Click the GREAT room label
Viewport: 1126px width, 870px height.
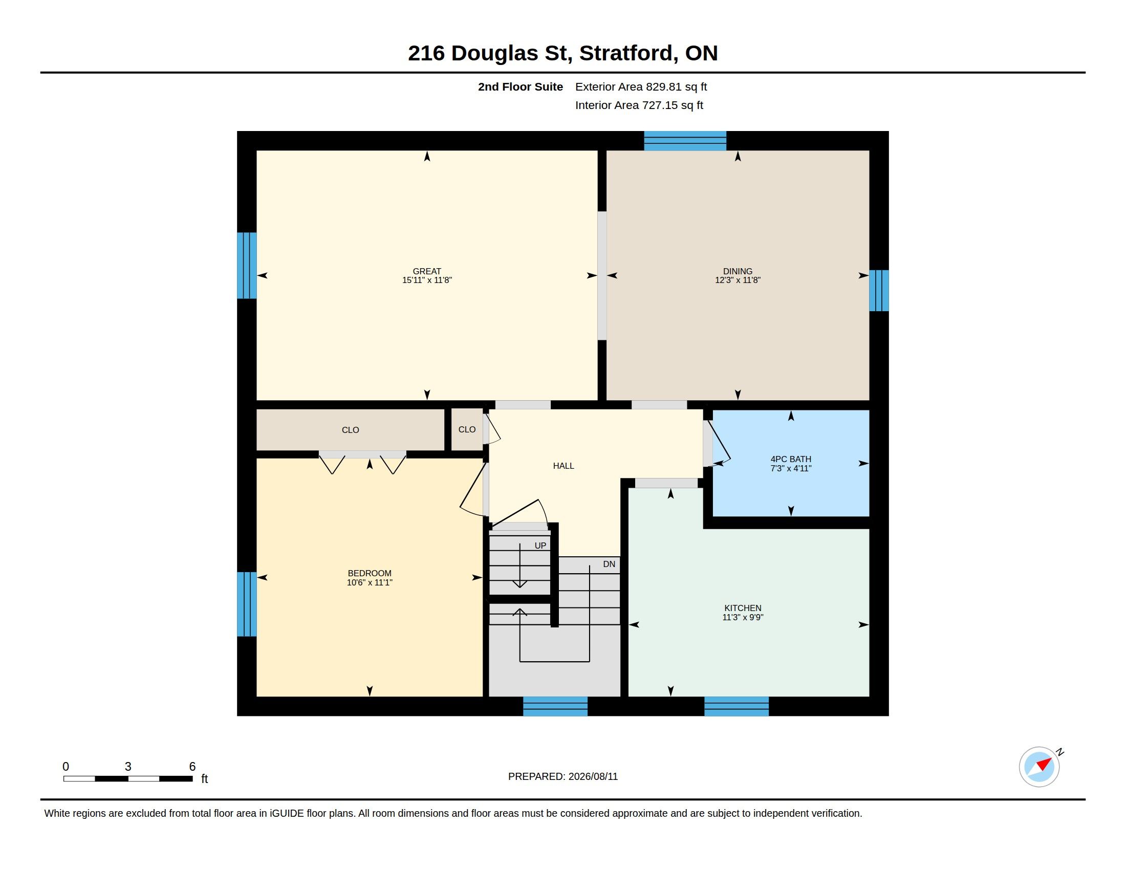click(x=427, y=271)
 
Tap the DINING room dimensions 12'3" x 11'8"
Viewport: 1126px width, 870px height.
click(x=738, y=280)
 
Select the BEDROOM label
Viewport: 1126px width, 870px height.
click(x=370, y=573)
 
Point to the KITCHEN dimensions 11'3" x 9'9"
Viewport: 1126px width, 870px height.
click(x=743, y=618)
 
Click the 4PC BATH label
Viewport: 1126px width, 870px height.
click(x=791, y=459)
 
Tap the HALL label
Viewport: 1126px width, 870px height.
click(x=564, y=466)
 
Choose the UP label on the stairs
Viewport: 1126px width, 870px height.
click(x=540, y=546)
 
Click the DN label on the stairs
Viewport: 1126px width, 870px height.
click(x=610, y=564)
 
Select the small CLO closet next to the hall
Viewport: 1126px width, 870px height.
click(x=467, y=429)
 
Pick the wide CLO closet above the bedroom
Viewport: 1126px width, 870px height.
click(x=351, y=430)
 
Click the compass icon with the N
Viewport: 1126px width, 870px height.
click(x=1040, y=767)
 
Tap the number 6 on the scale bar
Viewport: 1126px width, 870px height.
click(x=192, y=767)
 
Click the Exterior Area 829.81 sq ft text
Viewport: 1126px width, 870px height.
click(x=641, y=87)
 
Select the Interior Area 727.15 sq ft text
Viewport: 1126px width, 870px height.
click(x=639, y=105)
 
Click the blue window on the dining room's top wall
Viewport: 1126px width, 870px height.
click(x=685, y=141)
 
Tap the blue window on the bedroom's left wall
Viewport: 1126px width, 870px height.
click(x=247, y=604)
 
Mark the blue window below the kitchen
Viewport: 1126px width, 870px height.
click(x=737, y=706)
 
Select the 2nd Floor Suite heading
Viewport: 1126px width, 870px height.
click(x=520, y=87)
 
